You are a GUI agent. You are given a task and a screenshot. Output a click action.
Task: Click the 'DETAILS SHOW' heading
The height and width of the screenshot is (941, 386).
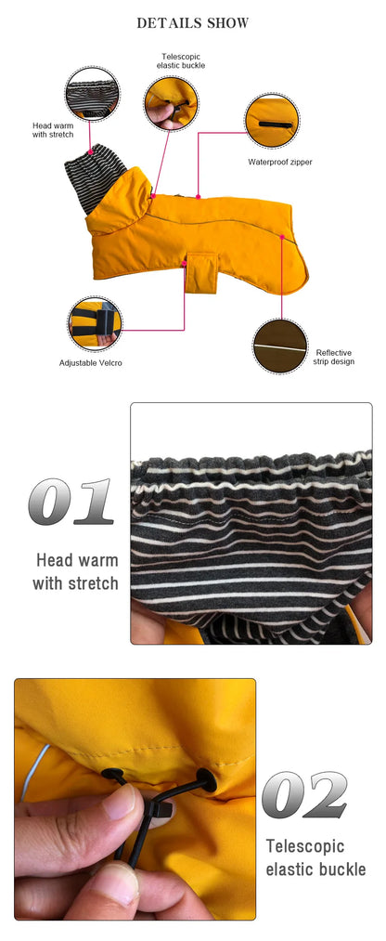pyautogui.click(x=192, y=23)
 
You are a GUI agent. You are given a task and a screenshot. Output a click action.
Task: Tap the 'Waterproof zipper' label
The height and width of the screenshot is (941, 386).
pyautogui.click(x=280, y=162)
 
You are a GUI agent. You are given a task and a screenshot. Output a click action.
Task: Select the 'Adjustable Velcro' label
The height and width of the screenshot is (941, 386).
pyautogui.click(x=91, y=363)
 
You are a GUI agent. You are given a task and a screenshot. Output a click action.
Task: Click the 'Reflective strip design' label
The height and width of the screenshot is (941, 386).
pyautogui.click(x=334, y=357)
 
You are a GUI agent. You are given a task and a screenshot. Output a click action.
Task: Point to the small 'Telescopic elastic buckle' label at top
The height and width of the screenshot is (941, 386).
pyautogui.click(x=180, y=60)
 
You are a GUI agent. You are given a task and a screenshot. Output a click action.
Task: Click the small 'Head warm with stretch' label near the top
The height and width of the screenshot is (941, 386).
pyautogui.click(x=53, y=130)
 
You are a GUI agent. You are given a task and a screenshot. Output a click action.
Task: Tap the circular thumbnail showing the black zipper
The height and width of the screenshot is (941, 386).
pyautogui.click(x=273, y=121)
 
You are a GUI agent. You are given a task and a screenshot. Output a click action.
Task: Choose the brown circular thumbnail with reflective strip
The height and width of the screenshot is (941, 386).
pyautogui.click(x=280, y=346)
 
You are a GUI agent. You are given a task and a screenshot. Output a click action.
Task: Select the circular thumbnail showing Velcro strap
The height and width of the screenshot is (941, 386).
pyautogui.click(x=94, y=324)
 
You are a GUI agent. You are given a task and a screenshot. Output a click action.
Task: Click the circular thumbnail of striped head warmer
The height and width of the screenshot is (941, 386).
pyautogui.click(x=92, y=94)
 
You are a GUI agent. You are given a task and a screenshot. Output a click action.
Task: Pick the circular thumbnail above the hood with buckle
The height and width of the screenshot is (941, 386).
pyautogui.click(x=171, y=103)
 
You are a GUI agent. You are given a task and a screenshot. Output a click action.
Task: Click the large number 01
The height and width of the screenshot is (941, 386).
pyautogui.click(x=71, y=502)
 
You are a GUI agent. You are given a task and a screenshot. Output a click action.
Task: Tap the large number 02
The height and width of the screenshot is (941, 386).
pyautogui.click(x=304, y=794)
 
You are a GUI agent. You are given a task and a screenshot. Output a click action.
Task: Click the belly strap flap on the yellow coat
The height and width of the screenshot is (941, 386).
pyautogui.click(x=200, y=273)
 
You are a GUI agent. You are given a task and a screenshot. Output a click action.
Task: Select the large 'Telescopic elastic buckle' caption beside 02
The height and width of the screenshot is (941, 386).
pyautogui.click(x=315, y=857)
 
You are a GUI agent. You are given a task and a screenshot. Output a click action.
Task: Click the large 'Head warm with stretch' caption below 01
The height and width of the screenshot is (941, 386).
pyautogui.click(x=75, y=571)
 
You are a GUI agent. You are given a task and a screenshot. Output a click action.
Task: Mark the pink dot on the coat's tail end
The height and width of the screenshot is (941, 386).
pyautogui.click(x=282, y=237)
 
